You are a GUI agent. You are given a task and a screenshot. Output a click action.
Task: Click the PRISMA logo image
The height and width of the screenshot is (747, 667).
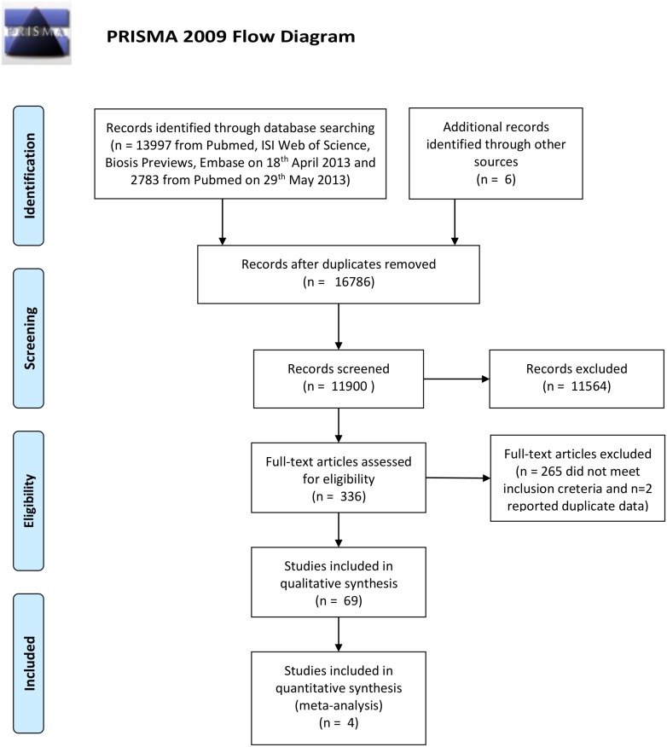coord(37,33)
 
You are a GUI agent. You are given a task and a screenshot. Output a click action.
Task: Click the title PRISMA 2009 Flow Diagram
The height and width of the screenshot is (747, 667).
coord(230,37)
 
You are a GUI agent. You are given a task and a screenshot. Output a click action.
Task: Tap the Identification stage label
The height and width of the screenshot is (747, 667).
coord(29,176)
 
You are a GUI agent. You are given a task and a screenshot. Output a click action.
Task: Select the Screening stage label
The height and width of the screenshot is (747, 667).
coord(29,339)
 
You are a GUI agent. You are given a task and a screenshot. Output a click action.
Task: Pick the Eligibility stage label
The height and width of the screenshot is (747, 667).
coord(29,501)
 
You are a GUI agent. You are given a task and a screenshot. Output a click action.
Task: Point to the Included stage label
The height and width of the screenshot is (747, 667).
coord(29,663)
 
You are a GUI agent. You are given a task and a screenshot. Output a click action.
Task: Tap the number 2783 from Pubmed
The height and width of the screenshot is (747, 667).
coord(145,180)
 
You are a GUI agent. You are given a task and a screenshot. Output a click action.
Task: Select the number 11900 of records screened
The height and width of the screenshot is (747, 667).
coord(349,386)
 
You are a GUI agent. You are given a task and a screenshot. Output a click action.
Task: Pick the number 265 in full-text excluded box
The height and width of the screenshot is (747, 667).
coord(551,472)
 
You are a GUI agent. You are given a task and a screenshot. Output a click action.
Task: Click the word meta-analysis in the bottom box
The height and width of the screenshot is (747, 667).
coord(339,705)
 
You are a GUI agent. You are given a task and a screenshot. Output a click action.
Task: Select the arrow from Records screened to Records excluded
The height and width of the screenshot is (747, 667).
coord(456,379)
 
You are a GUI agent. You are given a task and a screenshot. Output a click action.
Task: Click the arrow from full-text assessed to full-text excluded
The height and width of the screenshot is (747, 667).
coord(458,478)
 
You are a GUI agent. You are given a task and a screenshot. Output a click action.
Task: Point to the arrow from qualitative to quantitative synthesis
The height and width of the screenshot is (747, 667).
coord(339,634)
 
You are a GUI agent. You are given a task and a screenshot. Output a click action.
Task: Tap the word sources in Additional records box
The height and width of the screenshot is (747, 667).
coord(496,162)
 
